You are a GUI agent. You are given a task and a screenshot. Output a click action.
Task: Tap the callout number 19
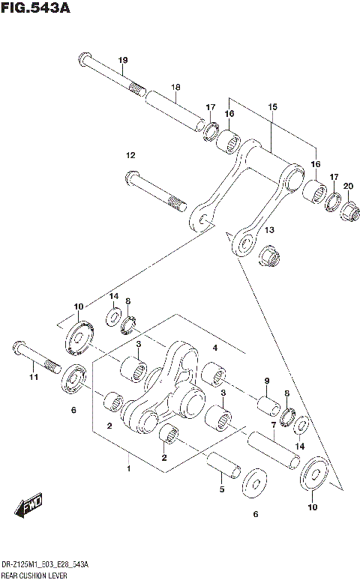pos(123,61)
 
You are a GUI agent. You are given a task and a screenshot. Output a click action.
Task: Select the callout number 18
pos(175,87)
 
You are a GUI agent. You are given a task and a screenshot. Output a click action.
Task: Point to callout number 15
pos(271,108)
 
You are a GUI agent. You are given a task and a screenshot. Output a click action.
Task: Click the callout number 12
pos(130,155)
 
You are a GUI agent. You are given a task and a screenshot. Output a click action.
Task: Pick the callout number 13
pos(268,230)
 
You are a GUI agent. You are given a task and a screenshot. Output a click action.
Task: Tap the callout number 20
pos(347,186)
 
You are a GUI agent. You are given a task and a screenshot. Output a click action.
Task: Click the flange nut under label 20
pos(348,212)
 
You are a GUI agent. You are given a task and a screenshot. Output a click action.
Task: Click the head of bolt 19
pos(84,59)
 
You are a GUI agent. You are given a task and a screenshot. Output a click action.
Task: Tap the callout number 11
pos(33,378)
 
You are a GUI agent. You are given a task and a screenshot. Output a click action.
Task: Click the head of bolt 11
pos(18,348)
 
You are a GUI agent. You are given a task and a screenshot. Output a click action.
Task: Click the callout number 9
pos(266,381)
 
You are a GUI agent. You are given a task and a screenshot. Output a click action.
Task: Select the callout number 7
pos(274,425)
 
